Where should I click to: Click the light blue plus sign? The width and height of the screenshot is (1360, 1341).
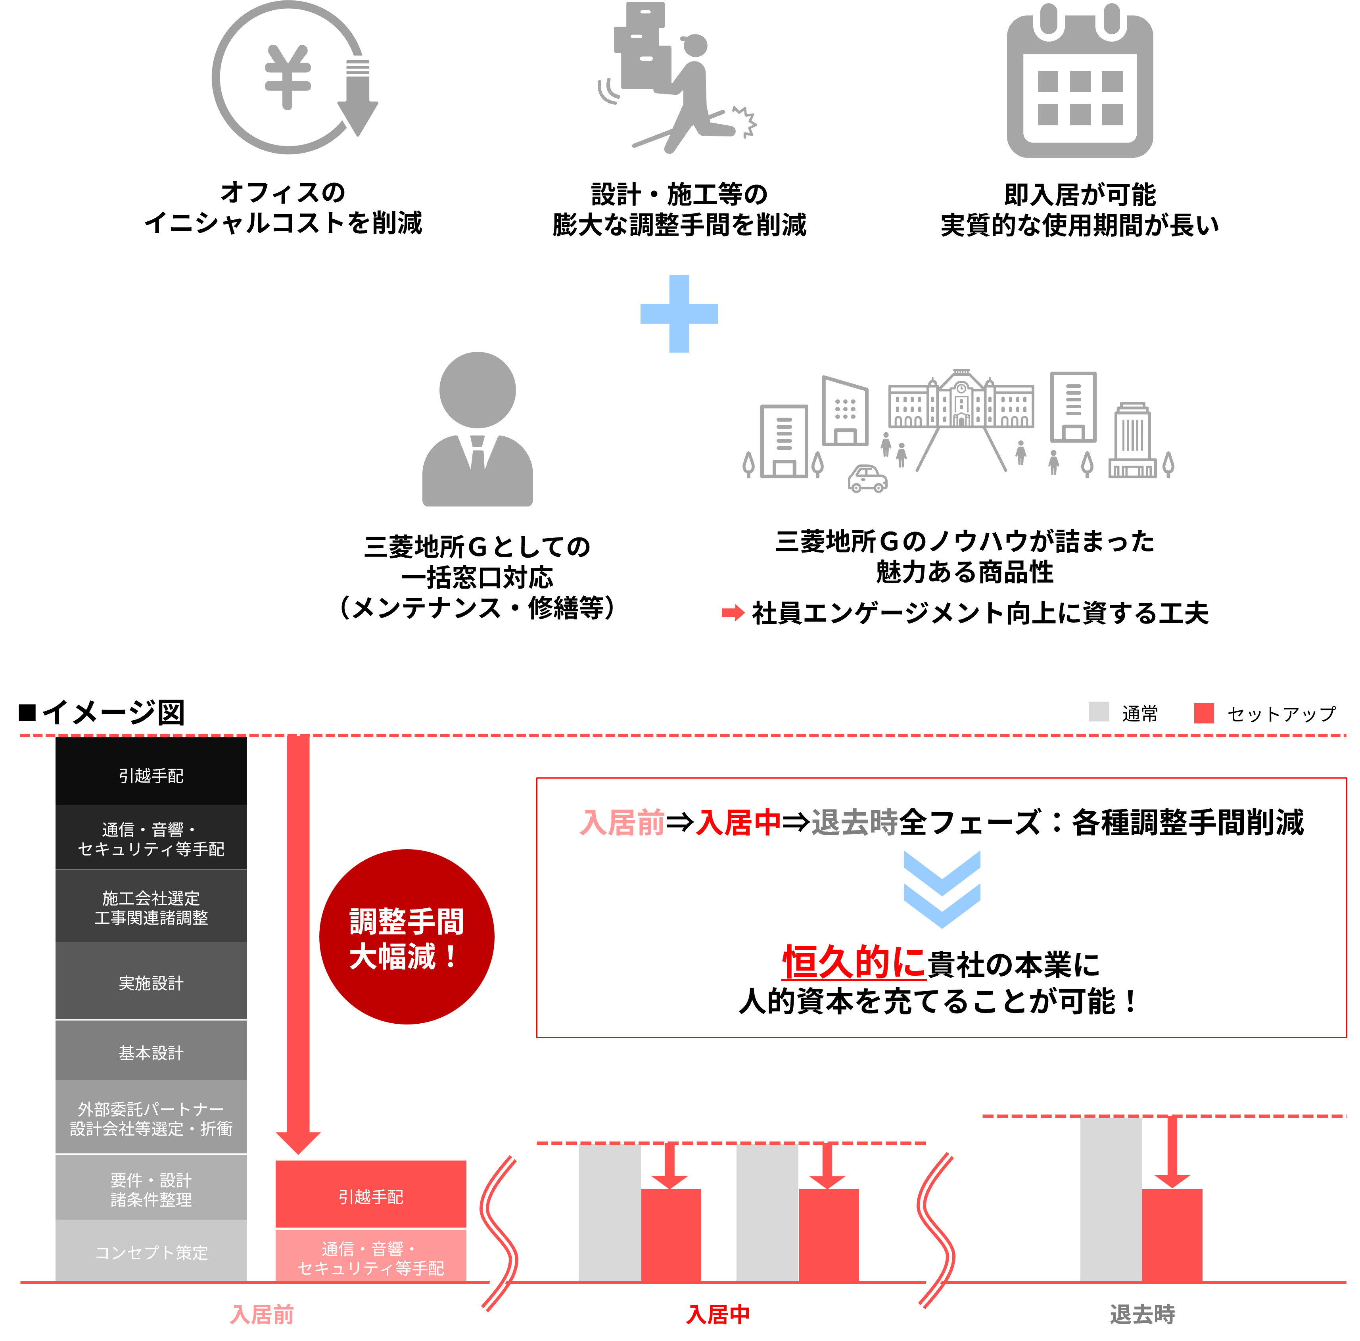679,313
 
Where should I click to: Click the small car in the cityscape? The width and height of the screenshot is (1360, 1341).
867,479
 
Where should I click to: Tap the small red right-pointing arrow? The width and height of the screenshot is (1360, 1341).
733,612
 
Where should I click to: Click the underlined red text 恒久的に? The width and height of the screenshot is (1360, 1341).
854,961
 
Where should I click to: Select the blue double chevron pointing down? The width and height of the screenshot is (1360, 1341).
942,889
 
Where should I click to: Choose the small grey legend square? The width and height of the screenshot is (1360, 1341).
1099,712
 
